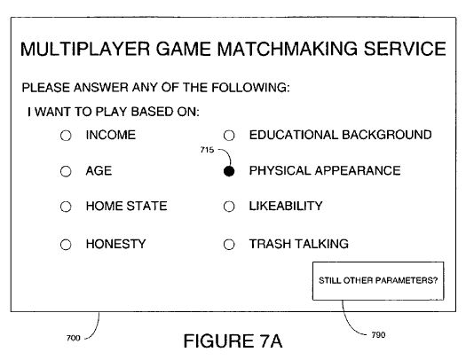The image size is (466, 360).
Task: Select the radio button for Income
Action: [x=66, y=136]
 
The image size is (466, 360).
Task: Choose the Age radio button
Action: [x=66, y=171]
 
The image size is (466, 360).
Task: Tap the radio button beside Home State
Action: [x=66, y=207]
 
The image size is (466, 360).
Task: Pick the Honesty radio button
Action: [x=66, y=245]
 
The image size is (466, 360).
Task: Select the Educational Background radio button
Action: [x=229, y=136]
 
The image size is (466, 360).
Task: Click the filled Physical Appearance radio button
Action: [x=229, y=171]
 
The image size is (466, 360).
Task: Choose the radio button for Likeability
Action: [x=229, y=207]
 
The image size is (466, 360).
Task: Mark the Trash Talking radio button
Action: [x=229, y=245]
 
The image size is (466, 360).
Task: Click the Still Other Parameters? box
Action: [x=378, y=281]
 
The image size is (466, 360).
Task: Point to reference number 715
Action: [x=207, y=150]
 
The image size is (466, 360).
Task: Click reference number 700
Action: [x=74, y=338]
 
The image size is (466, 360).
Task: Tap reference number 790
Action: [x=378, y=335]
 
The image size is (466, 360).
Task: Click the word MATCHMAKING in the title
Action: [x=287, y=49]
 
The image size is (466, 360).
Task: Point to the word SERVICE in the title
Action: [x=405, y=49]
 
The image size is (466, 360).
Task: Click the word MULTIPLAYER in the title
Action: [x=85, y=49]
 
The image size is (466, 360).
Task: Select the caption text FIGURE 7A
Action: [x=233, y=341]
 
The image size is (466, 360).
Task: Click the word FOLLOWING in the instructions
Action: [x=250, y=88]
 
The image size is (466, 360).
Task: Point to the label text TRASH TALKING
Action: [x=298, y=244]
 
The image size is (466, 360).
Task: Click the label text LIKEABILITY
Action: [x=286, y=206]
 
